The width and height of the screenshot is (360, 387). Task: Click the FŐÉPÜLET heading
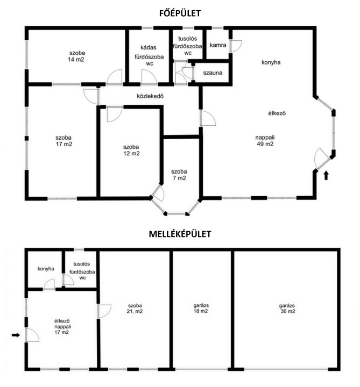(x=180, y=12)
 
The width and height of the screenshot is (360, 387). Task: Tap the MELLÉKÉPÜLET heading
(x=180, y=234)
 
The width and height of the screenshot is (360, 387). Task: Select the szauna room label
(x=213, y=73)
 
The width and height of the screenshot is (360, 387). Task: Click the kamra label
(x=218, y=45)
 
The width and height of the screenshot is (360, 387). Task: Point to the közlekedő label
(x=150, y=96)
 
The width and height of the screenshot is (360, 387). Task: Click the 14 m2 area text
(x=76, y=60)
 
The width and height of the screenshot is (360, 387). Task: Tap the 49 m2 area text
(x=265, y=144)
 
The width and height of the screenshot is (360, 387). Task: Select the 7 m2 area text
(x=179, y=178)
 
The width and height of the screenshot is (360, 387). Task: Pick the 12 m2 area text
(x=131, y=154)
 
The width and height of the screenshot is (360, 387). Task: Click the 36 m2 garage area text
(x=288, y=311)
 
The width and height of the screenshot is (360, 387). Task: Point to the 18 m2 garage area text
(x=201, y=311)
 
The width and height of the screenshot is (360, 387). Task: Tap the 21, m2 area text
(x=135, y=311)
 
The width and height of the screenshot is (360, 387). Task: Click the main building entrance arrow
(x=326, y=175)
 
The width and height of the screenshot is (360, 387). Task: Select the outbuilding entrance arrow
(x=16, y=335)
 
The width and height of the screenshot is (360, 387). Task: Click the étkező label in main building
(x=277, y=113)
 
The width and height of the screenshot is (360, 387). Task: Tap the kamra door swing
(x=236, y=46)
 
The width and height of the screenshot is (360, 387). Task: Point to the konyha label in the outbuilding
(x=46, y=269)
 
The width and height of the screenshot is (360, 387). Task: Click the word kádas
(x=148, y=47)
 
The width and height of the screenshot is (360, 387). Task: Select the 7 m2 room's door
(x=158, y=192)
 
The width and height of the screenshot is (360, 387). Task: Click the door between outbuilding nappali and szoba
(x=104, y=311)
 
